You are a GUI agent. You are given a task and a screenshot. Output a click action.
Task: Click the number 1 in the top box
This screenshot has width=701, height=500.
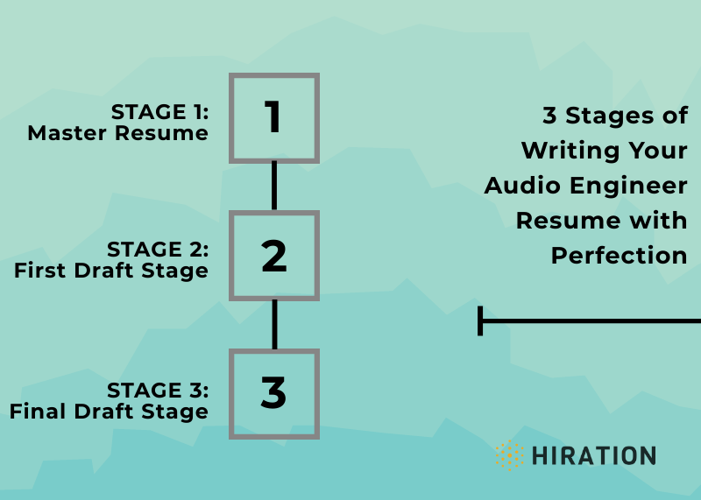(273, 117)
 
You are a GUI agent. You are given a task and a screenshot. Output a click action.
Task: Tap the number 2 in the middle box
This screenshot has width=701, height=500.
(273, 256)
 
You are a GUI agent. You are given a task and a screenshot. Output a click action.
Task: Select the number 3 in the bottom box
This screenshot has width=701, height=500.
(273, 393)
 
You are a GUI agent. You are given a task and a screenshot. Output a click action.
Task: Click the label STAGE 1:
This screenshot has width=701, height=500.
(159, 112)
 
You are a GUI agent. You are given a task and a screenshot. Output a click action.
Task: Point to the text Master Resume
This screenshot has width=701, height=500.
(117, 133)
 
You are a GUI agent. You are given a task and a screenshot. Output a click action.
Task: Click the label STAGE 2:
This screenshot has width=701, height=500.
(159, 250)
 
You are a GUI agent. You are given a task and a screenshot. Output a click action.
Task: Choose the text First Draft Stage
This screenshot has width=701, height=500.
(111, 271)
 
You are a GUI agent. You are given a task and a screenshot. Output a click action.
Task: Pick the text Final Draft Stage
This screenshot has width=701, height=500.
(110, 411)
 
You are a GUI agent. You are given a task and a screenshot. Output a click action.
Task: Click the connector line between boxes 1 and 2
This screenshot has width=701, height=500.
(274, 186)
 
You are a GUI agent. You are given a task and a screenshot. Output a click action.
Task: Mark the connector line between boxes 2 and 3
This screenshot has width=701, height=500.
(274, 324)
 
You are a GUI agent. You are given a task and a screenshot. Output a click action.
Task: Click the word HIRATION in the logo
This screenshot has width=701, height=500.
(593, 455)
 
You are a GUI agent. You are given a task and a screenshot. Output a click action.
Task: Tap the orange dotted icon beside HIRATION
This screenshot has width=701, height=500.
(507, 455)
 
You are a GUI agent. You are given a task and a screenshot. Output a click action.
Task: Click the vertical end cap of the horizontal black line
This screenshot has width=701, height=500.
(480, 320)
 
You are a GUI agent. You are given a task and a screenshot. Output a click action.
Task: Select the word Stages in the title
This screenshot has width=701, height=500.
(610, 116)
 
